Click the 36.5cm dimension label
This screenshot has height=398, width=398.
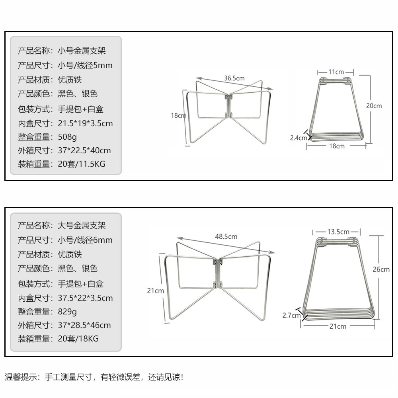tap(234, 78)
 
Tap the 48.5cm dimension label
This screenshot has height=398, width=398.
tap(226, 236)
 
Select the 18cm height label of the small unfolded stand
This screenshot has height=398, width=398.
tap(178, 116)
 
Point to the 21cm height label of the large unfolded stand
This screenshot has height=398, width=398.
tap(155, 291)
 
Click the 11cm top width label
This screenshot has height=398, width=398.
tap(336, 72)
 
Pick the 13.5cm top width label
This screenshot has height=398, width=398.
tap(338, 232)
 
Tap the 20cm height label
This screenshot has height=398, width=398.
tap(374, 106)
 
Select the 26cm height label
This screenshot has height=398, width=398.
tap(381, 269)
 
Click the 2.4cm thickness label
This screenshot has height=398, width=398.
tap(298, 138)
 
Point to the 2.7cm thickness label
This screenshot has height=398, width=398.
tap(291, 316)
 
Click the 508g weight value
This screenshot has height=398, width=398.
tap(67, 137)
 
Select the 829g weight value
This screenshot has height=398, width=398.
tap(67, 312)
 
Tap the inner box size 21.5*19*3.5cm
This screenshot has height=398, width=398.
tap(85, 123)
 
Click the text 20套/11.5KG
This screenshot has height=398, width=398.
tap(82, 164)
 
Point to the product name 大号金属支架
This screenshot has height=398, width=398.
tap(82, 226)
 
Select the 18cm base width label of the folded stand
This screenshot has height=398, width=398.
tap(337, 146)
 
